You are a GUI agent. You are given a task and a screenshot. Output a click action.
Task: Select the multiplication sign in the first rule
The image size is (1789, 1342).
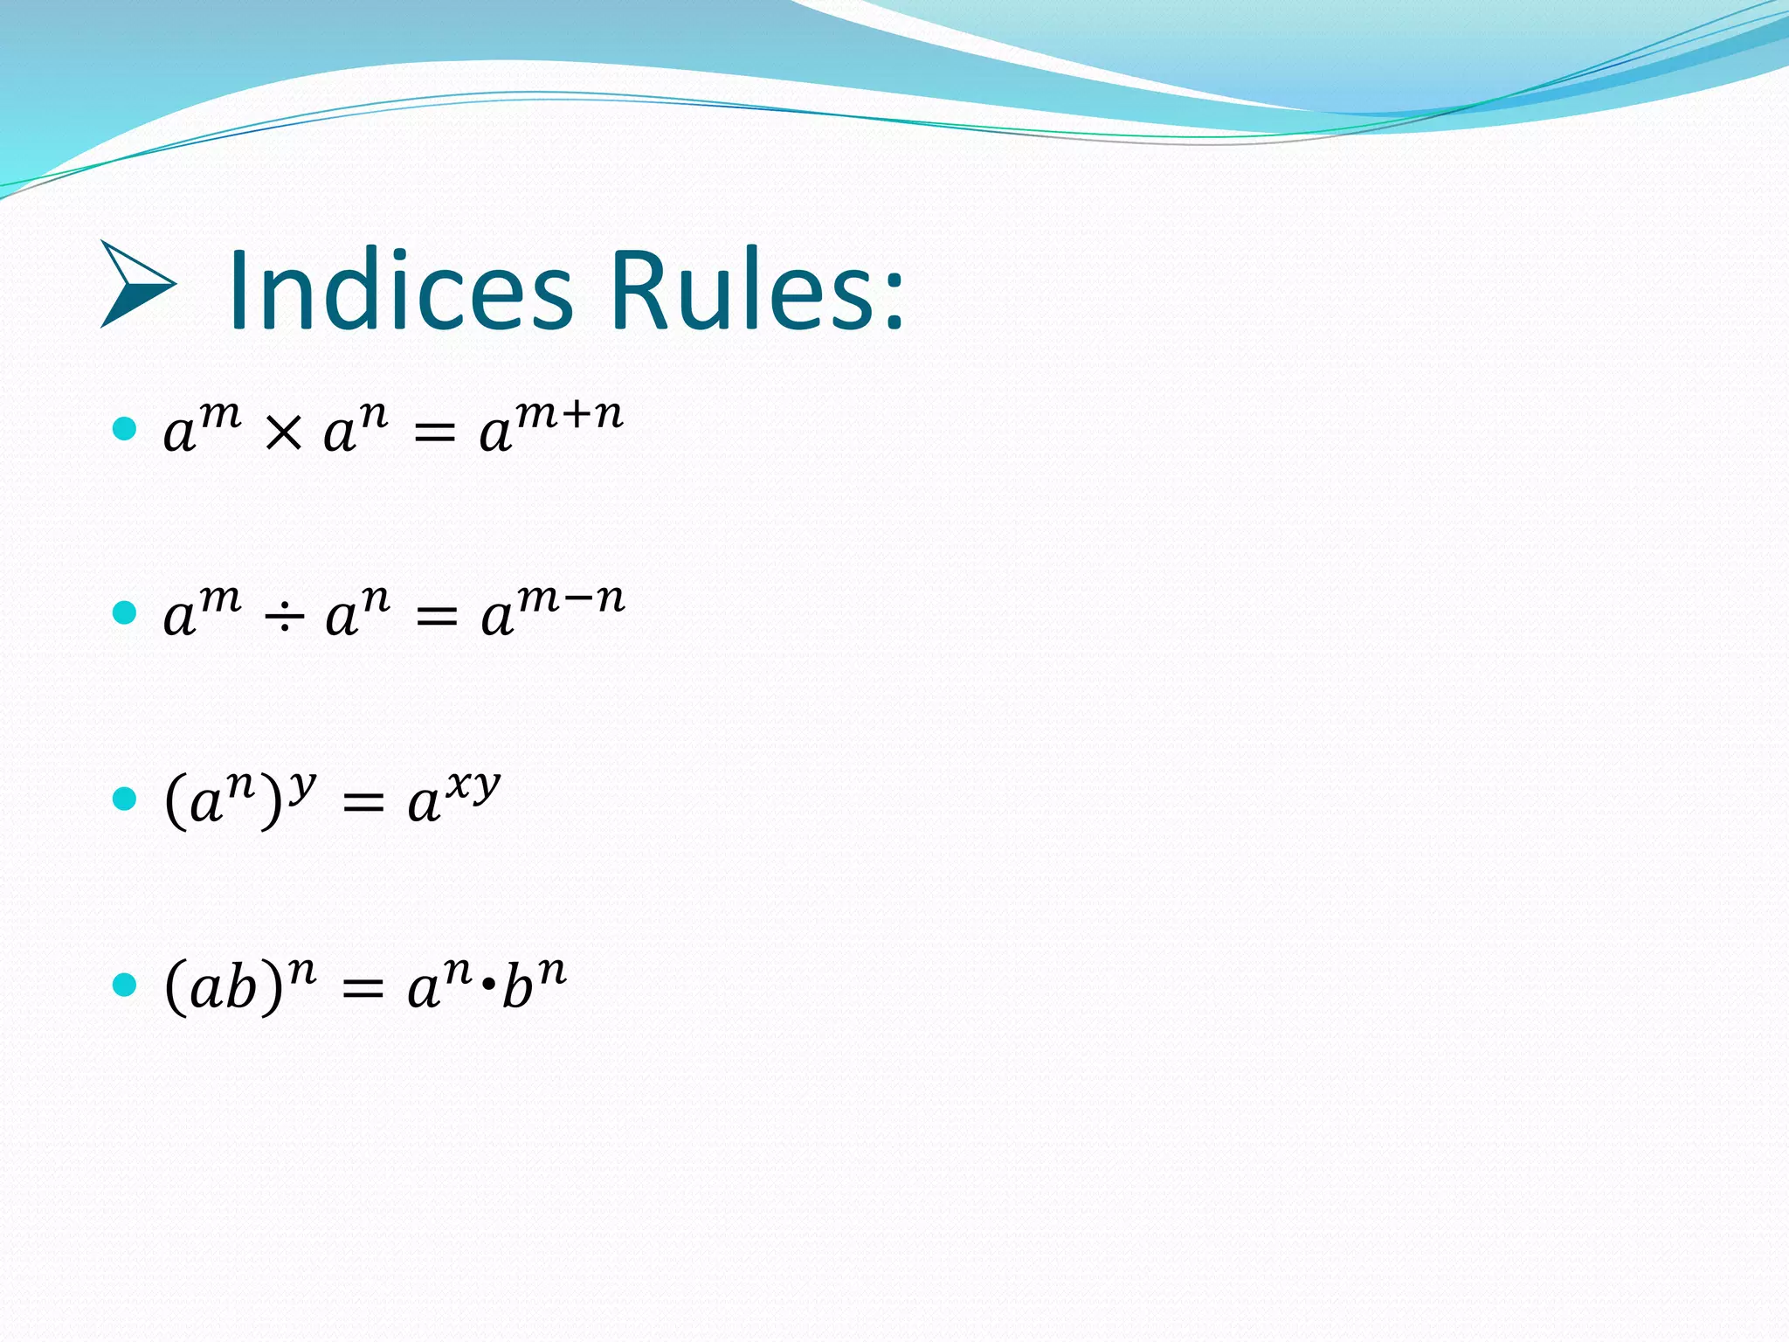click(x=282, y=432)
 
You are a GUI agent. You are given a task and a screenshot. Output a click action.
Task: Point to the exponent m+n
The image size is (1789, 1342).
click(x=570, y=414)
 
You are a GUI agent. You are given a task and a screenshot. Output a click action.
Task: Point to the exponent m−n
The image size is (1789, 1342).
click(x=571, y=599)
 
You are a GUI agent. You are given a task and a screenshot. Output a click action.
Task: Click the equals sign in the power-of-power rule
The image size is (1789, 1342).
click(x=363, y=803)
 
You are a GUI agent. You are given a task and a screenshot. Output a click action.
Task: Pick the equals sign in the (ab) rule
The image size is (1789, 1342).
click(x=363, y=988)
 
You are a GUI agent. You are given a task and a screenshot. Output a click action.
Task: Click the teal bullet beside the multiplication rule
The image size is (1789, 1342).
click(x=125, y=428)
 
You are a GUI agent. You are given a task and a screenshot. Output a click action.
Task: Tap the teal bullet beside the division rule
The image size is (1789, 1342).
click(x=125, y=612)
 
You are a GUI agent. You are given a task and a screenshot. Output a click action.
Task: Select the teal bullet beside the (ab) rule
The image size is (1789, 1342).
click(x=125, y=985)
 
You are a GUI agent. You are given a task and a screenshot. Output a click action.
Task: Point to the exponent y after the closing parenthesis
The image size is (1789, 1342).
click(x=302, y=785)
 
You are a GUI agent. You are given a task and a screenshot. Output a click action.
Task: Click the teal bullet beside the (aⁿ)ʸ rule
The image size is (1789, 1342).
click(x=125, y=799)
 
